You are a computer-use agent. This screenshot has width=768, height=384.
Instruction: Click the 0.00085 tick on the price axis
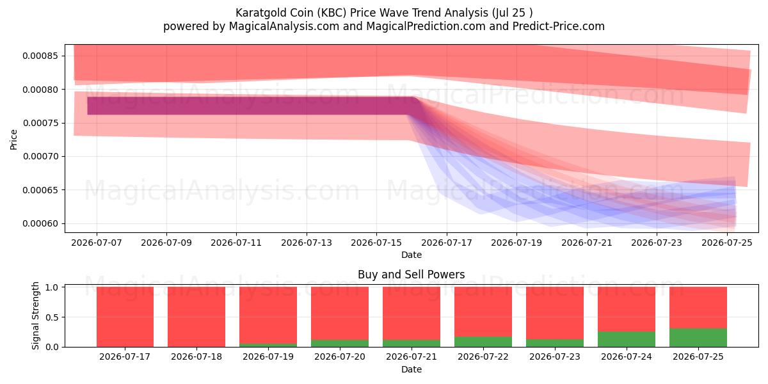click(x=40, y=56)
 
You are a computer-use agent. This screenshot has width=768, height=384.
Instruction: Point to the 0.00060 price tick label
click(x=40, y=223)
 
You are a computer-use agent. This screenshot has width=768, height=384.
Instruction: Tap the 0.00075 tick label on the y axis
click(x=40, y=123)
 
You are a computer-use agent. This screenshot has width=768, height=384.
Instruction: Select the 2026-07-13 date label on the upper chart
click(x=307, y=243)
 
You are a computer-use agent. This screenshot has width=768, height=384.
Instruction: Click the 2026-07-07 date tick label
click(x=97, y=243)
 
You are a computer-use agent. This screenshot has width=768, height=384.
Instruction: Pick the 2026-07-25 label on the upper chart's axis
click(x=727, y=243)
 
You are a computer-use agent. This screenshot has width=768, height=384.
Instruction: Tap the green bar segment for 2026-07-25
click(x=698, y=338)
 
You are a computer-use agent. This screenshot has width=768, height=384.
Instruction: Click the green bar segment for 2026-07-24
click(x=627, y=339)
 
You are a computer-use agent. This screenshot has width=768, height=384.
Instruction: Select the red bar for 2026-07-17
click(x=125, y=317)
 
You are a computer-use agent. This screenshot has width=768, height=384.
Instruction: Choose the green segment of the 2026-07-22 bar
click(x=483, y=342)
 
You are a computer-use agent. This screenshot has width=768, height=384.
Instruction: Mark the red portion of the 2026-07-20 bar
click(x=340, y=314)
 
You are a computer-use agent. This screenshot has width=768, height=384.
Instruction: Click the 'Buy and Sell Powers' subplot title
click(x=412, y=275)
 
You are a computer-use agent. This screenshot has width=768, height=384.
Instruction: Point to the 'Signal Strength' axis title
click(x=35, y=316)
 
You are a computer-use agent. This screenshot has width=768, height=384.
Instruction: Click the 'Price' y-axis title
click(x=13, y=140)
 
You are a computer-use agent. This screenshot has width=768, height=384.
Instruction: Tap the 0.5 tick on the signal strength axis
click(x=52, y=317)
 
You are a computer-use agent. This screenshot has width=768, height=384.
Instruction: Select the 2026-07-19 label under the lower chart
click(x=268, y=357)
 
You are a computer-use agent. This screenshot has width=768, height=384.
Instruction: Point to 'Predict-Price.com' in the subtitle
click(x=559, y=26)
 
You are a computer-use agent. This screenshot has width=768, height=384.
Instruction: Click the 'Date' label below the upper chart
click(x=412, y=255)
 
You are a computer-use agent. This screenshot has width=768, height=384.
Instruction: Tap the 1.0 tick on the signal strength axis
click(x=52, y=287)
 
